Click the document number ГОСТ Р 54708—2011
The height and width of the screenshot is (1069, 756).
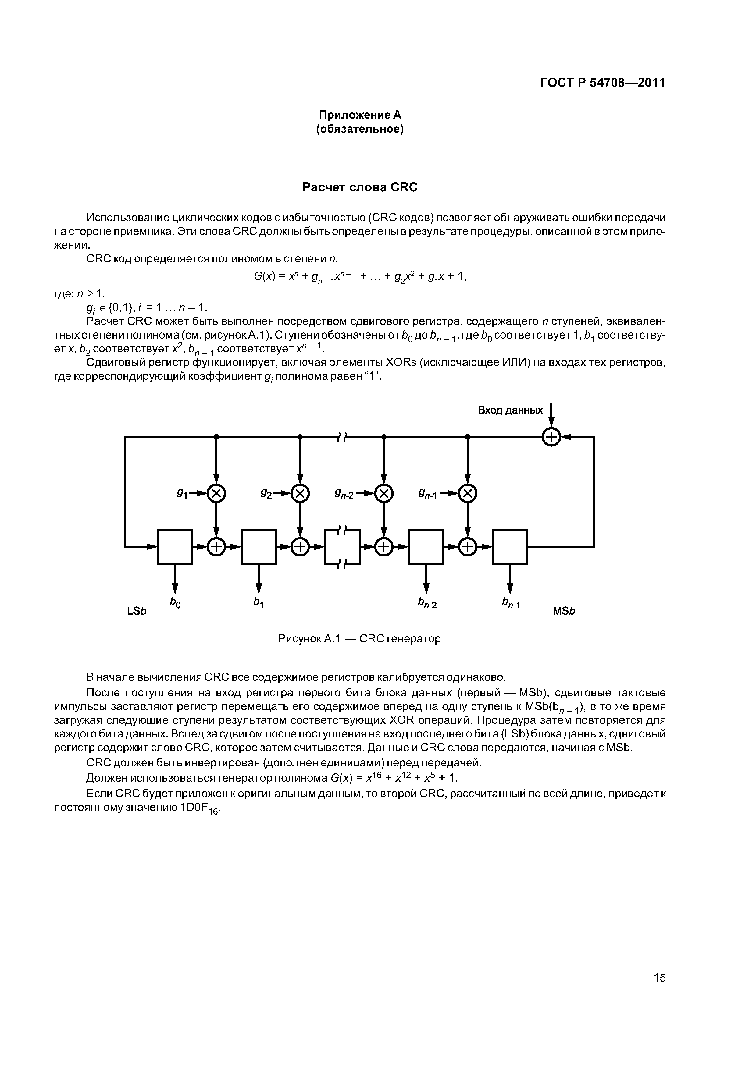tap(602, 83)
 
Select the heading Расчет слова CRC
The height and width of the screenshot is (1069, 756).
tap(360, 187)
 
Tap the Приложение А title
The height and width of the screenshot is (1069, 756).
tap(360, 115)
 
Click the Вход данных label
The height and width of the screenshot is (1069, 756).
tap(510, 410)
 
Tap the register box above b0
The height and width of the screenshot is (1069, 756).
tap(175, 547)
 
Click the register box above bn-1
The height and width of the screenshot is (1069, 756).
tap(510, 547)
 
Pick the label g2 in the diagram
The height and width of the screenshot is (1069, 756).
tap(266, 492)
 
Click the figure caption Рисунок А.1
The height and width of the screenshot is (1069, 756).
tap(359, 639)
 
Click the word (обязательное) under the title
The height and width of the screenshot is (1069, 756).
tap(360, 129)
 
